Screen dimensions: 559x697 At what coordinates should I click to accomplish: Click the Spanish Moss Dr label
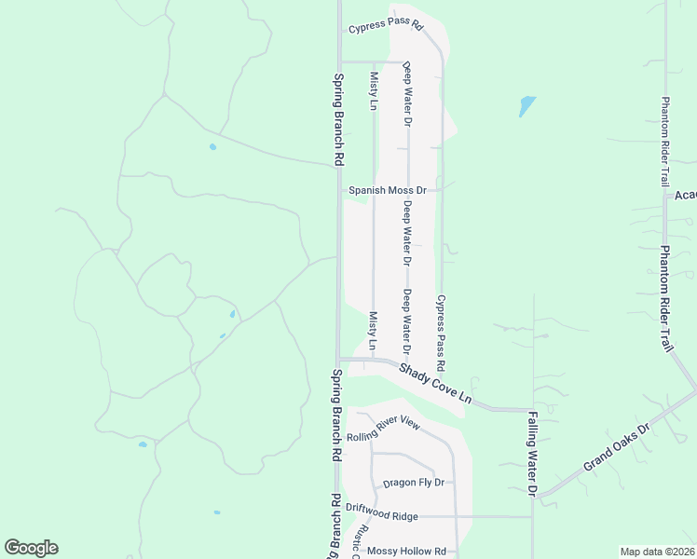[x=387, y=190]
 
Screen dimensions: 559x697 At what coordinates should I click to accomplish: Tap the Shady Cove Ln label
[x=435, y=384]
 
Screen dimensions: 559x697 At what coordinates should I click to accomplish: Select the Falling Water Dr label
[x=533, y=453]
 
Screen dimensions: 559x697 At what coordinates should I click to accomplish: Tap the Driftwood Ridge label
[x=382, y=515]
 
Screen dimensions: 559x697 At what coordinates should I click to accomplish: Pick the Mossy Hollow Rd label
[x=406, y=551]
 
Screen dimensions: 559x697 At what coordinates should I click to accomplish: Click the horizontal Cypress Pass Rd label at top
[x=386, y=26]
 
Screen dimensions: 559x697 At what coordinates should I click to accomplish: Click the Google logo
[x=31, y=548]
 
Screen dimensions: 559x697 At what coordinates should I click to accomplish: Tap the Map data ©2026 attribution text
[x=657, y=552]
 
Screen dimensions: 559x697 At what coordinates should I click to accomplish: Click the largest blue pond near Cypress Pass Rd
[x=527, y=106]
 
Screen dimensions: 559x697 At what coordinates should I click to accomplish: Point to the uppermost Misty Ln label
[x=373, y=91]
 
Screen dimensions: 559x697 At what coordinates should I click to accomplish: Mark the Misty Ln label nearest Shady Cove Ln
[x=373, y=332]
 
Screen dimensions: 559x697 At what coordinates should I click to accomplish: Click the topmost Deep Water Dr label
[x=407, y=94]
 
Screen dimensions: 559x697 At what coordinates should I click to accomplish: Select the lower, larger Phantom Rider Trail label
[x=666, y=298]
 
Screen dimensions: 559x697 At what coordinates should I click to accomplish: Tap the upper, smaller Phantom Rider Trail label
[x=665, y=141]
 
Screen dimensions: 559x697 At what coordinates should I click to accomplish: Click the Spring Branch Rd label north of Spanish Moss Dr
[x=337, y=118]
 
